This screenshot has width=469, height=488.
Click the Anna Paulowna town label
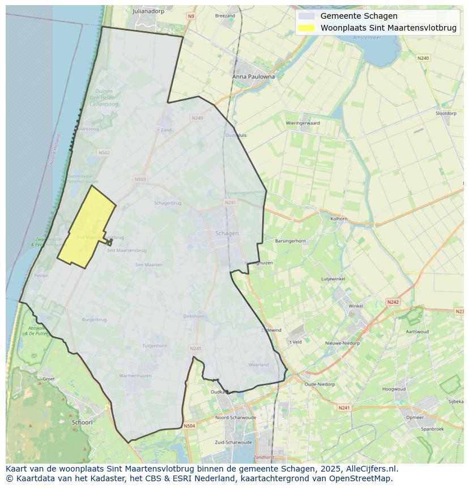[x=253, y=77]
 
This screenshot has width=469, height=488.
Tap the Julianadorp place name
[x=147, y=11]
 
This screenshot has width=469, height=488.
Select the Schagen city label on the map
[x=227, y=233]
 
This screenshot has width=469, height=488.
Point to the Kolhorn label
[x=339, y=218]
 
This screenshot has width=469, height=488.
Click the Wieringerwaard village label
[x=302, y=123]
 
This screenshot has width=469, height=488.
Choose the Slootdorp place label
[x=446, y=113]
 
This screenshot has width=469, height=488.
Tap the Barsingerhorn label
[x=290, y=241]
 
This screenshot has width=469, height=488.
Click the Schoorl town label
[x=82, y=422]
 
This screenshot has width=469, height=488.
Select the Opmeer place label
[x=415, y=417]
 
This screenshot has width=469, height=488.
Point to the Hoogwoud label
[x=394, y=389]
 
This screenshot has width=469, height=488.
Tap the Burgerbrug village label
[x=94, y=320]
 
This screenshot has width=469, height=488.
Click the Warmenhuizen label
[x=135, y=376]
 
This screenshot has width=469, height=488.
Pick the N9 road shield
[x=191, y=16]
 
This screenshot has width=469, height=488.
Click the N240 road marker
[x=423, y=58]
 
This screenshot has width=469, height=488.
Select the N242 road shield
[x=393, y=302]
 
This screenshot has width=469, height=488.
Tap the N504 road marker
[x=189, y=426]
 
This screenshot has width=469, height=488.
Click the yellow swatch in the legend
[x=306, y=28]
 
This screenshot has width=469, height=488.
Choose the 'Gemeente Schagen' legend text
[x=359, y=16]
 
